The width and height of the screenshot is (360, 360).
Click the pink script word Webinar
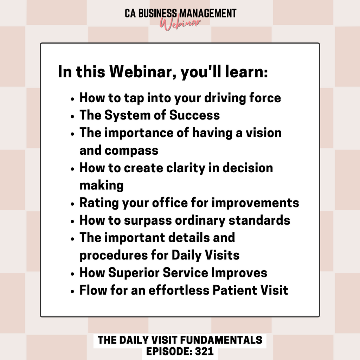(180, 24)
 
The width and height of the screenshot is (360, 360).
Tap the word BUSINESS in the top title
(158, 13)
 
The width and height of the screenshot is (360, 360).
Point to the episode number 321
(204, 352)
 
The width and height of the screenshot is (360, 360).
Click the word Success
(194, 115)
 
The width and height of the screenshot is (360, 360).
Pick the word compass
(131, 151)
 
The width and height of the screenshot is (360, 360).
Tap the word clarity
(186, 168)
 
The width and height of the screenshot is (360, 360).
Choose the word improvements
(255, 203)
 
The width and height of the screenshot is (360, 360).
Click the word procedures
(114, 256)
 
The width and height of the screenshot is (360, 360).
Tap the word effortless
(179, 290)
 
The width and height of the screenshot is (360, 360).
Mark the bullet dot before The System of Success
(72, 116)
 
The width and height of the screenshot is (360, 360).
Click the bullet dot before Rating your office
(72, 204)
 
